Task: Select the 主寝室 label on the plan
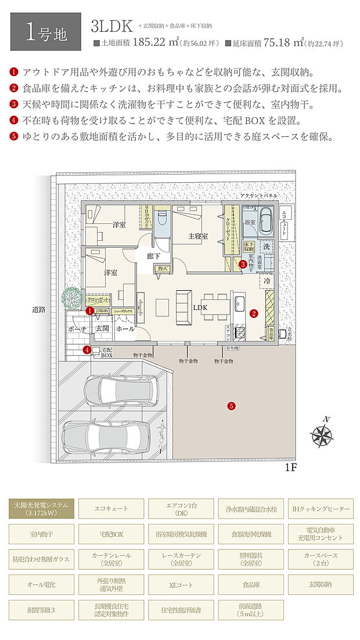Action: coord(198,236)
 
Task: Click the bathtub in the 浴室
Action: coord(268,220)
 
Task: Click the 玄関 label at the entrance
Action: coord(103,328)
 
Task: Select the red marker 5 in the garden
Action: coord(231,406)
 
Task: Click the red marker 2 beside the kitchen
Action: coord(253,313)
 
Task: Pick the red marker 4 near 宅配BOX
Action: coord(87,349)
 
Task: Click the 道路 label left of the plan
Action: coord(39,310)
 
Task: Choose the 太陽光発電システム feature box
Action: coord(41,508)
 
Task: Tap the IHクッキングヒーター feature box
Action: coord(321,508)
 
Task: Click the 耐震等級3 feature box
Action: coord(41,610)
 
